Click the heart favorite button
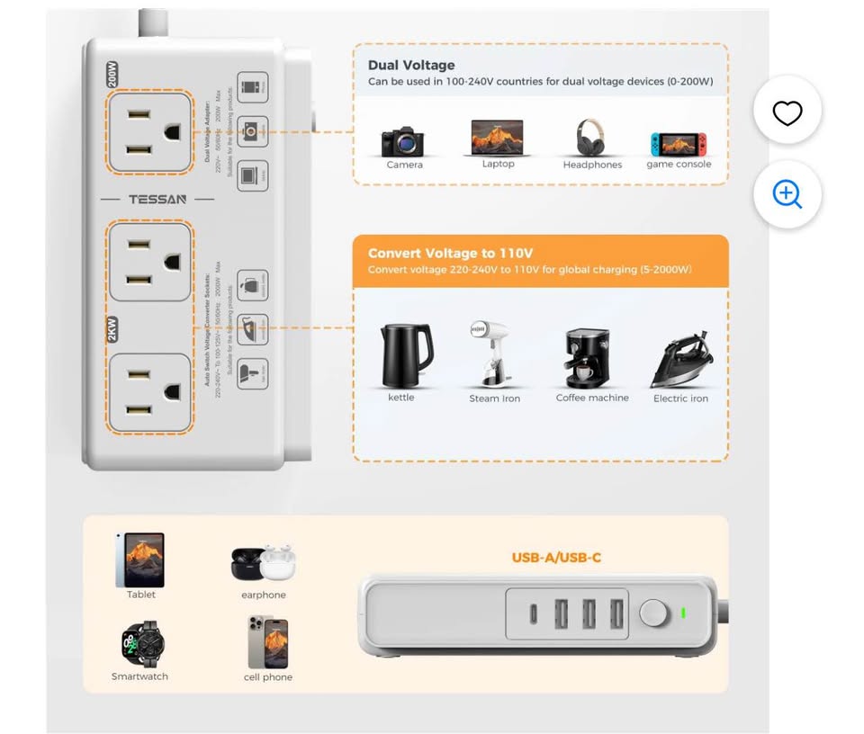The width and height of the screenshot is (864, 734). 787,112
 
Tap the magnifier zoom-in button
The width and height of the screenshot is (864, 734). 787,193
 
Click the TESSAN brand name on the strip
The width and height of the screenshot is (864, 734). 157,199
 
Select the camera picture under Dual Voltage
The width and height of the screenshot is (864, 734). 402,141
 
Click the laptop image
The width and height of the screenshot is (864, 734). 497,138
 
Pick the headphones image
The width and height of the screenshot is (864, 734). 590,138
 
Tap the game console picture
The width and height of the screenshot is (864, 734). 679,143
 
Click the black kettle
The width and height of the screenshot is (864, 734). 404,354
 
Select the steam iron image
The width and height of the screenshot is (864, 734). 491,354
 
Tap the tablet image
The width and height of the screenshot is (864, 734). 140,559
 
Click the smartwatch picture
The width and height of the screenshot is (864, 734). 140,643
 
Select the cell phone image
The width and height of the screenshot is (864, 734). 268,642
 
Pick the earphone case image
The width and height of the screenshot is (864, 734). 263,563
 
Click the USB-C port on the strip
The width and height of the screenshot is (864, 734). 535,614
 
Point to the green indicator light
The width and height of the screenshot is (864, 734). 683,613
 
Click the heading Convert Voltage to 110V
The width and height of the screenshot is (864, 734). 450,253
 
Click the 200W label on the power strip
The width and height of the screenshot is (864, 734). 112,74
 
